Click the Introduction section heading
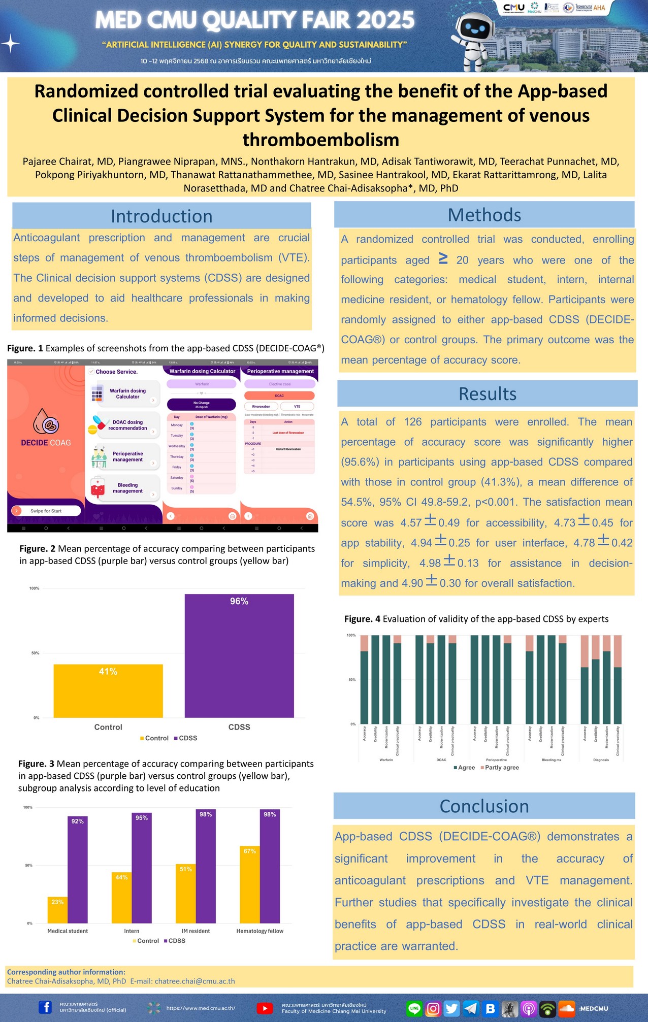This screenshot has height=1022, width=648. (x=161, y=216)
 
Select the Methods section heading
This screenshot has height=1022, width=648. (x=484, y=215)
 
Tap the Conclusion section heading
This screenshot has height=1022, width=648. (x=484, y=806)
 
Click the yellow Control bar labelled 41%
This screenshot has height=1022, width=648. (x=108, y=690)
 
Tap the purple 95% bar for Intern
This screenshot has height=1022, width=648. (x=142, y=868)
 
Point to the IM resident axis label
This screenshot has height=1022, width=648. (x=196, y=931)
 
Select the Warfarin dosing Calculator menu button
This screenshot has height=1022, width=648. (x=127, y=394)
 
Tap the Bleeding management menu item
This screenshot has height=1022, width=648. (x=127, y=488)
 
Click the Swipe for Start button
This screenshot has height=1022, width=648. (x=46, y=511)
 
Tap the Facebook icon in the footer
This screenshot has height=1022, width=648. (x=45, y=1007)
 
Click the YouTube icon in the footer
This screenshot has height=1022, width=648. (x=264, y=1008)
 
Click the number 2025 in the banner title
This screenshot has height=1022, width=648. (x=385, y=20)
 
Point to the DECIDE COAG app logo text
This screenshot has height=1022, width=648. (x=46, y=443)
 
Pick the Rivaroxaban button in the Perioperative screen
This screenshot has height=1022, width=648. (x=261, y=406)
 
